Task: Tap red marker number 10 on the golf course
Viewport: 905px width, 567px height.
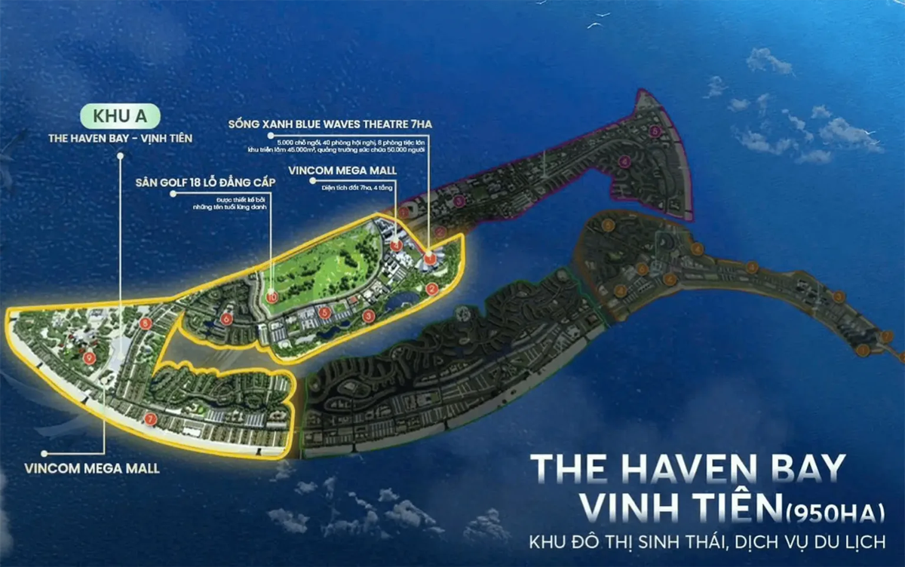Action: (x=271, y=297)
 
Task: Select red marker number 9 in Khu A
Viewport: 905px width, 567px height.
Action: (x=90, y=357)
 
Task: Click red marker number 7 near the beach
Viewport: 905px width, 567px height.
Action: (x=151, y=418)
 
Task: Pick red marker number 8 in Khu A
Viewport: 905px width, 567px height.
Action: (x=145, y=323)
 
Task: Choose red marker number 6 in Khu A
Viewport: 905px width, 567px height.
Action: (x=227, y=319)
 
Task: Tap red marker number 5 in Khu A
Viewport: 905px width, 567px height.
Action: (x=324, y=311)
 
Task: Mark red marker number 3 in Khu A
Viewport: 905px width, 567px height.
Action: (x=368, y=316)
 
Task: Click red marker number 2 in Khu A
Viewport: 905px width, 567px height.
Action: (x=431, y=288)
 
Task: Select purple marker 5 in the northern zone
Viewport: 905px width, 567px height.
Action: (x=655, y=132)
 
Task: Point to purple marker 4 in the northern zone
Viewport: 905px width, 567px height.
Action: (x=624, y=161)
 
